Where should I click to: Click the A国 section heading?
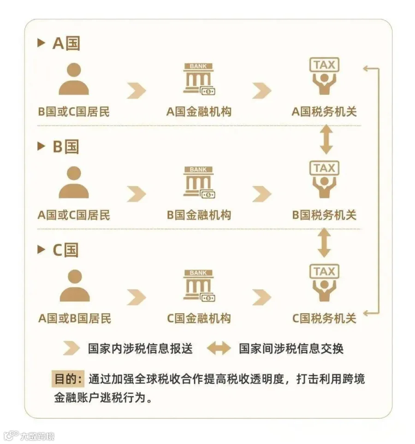[x=66, y=43]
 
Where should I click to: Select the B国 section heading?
[x=66, y=147]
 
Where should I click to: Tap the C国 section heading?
[x=66, y=250]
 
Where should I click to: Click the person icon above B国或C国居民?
[x=74, y=79]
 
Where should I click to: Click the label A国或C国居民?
[x=74, y=215]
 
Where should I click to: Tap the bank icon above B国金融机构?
[x=199, y=182]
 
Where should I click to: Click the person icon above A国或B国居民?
[x=74, y=286]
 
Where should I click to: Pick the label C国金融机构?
[x=199, y=318]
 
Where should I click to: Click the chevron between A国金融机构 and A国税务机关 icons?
[x=261, y=90]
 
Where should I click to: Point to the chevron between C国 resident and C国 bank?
[x=136, y=297]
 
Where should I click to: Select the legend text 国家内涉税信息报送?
[x=140, y=349]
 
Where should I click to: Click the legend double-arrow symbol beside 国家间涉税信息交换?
[x=219, y=349]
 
